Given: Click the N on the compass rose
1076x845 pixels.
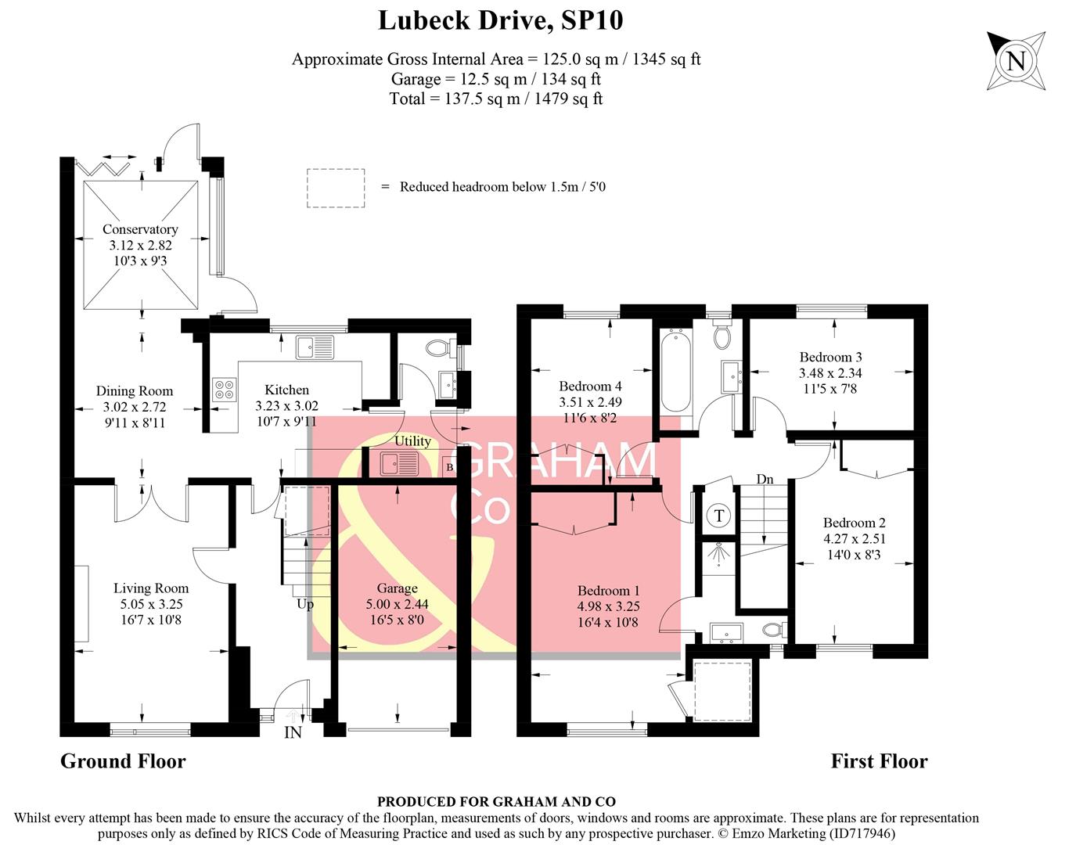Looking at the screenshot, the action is click(x=1016, y=62).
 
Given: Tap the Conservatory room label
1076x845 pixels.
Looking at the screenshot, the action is click(x=140, y=229).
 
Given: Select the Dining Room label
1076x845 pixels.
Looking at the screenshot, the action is click(x=135, y=391).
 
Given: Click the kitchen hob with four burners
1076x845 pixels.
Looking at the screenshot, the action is click(x=225, y=390).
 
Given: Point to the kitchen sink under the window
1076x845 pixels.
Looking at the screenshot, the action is click(x=315, y=347).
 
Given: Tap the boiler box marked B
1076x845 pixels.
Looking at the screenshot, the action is click(x=450, y=467).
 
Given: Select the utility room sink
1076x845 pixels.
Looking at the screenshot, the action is click(x=400, y=465).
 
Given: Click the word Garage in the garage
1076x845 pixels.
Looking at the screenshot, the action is click(x=397, y=588).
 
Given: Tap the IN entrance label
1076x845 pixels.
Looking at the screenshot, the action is click(x=293, y=732).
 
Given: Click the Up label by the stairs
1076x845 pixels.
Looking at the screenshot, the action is click(x=305, y=605).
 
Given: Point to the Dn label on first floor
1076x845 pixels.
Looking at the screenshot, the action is click(x=765, y=479).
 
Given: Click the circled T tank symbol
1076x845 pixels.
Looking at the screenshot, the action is click(x=719, y=516).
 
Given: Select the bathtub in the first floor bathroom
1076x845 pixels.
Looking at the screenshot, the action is click(x=676, y=371).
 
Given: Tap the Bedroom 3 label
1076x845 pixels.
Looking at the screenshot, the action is click(x=830, y=357).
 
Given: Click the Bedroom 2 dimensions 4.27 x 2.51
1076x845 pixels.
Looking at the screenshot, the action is click(x=855, y=538).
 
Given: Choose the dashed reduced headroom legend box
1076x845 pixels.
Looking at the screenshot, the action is click(x=336, y=188).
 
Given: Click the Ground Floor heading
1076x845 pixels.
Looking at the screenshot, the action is click(x=124, y=761).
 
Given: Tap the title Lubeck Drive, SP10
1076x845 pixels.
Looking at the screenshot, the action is click(x=501, y=21).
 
